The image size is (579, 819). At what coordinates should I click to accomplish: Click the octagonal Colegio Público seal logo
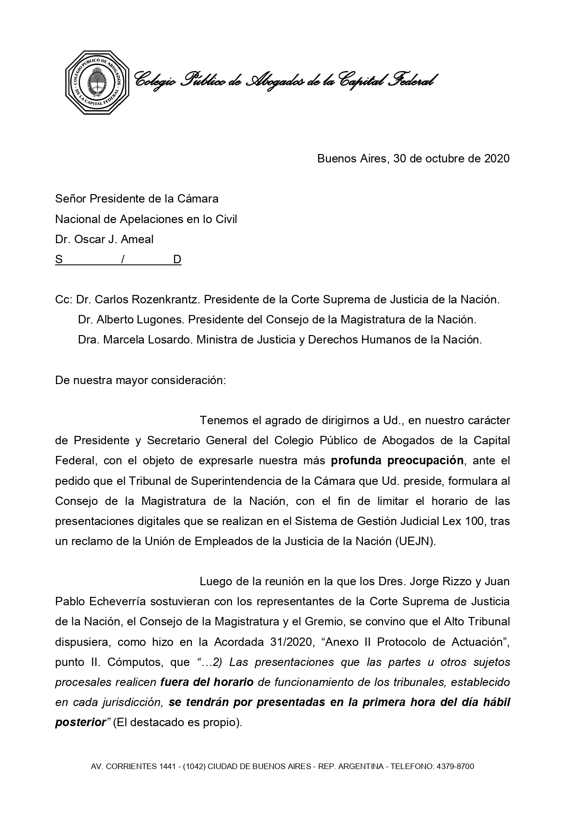(97, 82)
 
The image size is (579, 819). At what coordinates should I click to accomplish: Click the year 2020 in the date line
(497, 159)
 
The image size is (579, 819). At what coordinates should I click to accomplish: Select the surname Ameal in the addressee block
(137, 239)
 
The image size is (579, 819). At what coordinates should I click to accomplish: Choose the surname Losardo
(171, 340)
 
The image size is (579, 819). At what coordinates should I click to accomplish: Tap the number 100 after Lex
(476, 521)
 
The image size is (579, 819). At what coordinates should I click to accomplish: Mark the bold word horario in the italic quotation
(233, 682)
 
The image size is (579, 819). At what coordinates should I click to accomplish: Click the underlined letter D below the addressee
(177, 259)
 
